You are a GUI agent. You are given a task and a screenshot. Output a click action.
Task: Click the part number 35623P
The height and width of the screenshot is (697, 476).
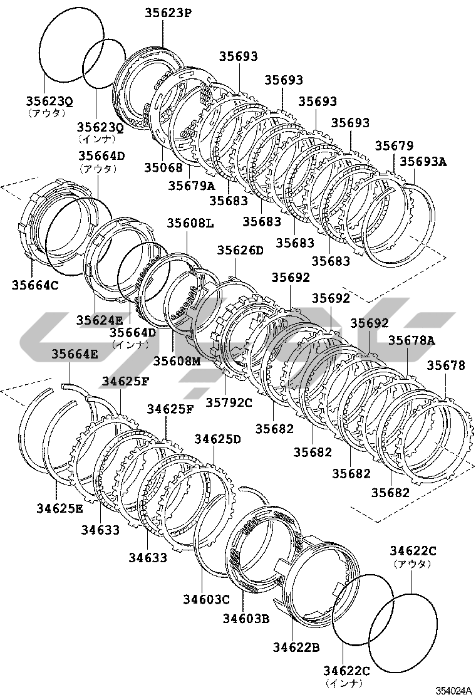(168, 13)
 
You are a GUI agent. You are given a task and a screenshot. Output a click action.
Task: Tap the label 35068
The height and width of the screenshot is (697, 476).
(163, 167)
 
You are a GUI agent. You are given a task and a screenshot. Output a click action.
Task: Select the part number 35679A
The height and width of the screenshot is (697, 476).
(192, 186)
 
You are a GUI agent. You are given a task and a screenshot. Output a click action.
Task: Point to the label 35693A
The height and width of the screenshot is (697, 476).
(423, 161)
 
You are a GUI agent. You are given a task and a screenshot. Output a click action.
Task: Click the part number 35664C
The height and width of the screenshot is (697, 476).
(35, 285)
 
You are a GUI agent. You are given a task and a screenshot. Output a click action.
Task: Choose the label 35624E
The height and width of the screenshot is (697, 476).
(100, 320)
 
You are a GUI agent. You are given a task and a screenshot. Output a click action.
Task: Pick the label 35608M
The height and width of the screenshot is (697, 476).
(177, 362)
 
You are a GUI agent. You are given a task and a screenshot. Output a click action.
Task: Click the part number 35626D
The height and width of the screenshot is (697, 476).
(241, 250)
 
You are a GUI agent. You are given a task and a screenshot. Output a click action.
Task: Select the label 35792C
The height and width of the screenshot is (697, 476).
(229, 402)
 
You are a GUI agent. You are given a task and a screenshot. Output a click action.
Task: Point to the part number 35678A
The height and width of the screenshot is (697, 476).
(411, 340)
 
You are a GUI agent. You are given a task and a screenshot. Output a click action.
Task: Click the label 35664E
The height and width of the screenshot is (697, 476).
(75, 354)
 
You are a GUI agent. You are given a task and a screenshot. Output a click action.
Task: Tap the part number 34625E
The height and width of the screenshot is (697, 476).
(59, 508)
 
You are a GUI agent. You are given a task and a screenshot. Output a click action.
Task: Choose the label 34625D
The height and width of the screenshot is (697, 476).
(217, 439)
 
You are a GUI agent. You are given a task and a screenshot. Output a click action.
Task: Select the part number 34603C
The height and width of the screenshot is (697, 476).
(207, 600)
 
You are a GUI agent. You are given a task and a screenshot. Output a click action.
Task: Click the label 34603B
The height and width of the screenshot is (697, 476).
(246, 618)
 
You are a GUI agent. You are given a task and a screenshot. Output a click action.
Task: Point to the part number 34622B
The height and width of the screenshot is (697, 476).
(297, 647)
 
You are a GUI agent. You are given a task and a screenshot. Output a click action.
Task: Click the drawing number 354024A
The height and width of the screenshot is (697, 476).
(453, 690)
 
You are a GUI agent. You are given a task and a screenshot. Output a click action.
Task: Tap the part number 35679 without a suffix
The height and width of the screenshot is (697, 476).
(395, 146)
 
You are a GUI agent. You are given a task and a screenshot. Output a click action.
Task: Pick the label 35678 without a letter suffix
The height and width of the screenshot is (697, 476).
(446, 365)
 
